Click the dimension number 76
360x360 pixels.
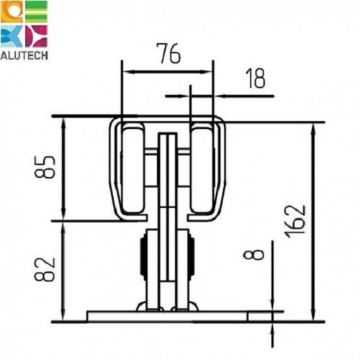point(168,53)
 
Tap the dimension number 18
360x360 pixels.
point(256,78)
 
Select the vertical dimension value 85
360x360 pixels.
point(45,167)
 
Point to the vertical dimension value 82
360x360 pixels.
point(45,269)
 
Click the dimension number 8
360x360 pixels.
point(253,254)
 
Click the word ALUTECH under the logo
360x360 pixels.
point(24,55)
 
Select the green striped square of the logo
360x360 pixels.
point(36,12)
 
